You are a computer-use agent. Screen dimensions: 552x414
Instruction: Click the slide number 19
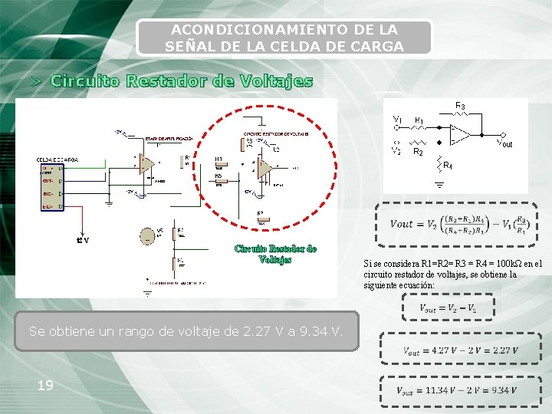(45, 385)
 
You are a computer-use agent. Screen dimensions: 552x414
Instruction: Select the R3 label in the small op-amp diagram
(461, 106)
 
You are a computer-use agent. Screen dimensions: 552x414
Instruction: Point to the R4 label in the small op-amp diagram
(448, 166)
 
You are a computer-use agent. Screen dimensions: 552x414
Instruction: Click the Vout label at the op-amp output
(504, 143)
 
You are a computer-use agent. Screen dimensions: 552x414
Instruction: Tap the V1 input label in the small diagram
(396, 120)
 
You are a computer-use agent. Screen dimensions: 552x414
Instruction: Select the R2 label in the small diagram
(418, 153)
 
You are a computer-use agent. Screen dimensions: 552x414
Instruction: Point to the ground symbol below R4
(440, 183)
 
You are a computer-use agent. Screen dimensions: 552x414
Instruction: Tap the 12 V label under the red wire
(82, 241)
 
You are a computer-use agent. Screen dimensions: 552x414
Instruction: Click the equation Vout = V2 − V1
(447, 308)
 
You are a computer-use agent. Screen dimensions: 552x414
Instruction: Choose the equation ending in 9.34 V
(456, 390)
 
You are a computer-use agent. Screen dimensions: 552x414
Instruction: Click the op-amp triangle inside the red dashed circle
(263, 166)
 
